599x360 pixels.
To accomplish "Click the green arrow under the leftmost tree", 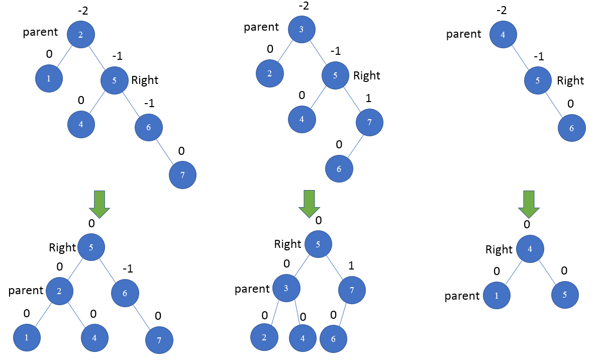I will coord(99,204).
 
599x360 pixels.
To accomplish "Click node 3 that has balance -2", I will coord(301,29).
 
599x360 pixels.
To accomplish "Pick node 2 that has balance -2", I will coord(80,35).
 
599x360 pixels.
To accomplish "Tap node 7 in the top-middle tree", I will coord(369,122).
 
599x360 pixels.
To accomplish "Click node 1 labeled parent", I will coord(496,295).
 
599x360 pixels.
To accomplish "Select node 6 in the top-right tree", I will coord(572,128).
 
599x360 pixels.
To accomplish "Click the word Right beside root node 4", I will coord(499,250).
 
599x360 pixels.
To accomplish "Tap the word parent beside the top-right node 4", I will coord(464,35).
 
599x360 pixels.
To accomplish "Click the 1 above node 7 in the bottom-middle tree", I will coord(351,265).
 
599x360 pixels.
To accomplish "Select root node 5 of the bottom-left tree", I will coord(90,247).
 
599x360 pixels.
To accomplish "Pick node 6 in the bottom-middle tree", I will coord(333,338).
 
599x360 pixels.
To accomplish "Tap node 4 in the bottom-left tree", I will coord(94,337).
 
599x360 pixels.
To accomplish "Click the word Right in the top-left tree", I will coord(145,80).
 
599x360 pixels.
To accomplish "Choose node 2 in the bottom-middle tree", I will coord(264,338).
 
